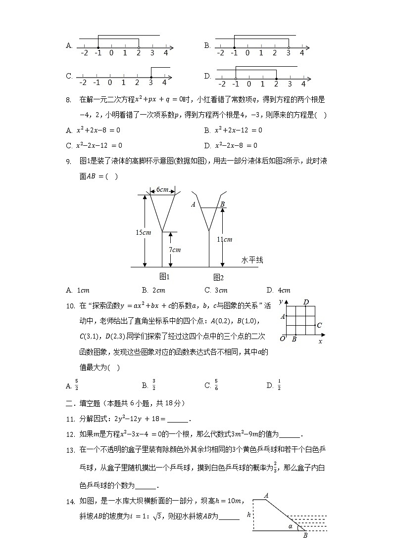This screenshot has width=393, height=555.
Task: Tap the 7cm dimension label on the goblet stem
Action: pos(175,250)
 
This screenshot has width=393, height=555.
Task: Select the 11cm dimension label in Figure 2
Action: pos(225,239)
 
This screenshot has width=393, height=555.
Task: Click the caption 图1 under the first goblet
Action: pos(165,276)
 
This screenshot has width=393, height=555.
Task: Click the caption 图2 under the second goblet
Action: pos(218,277)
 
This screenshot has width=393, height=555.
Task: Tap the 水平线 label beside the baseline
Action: pos(252,260)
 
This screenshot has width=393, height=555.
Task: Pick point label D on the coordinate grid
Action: pos(306,302)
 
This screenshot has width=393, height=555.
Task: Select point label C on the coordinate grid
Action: pos(320,325)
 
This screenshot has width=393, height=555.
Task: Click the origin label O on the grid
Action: pos(282,339)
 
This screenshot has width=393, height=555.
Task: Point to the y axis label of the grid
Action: pos(281,301)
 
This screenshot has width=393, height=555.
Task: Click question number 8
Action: pos(69,99)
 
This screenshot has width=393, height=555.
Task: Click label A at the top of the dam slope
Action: pos(266,495)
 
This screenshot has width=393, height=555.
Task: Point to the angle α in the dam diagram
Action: pos(290,527)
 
